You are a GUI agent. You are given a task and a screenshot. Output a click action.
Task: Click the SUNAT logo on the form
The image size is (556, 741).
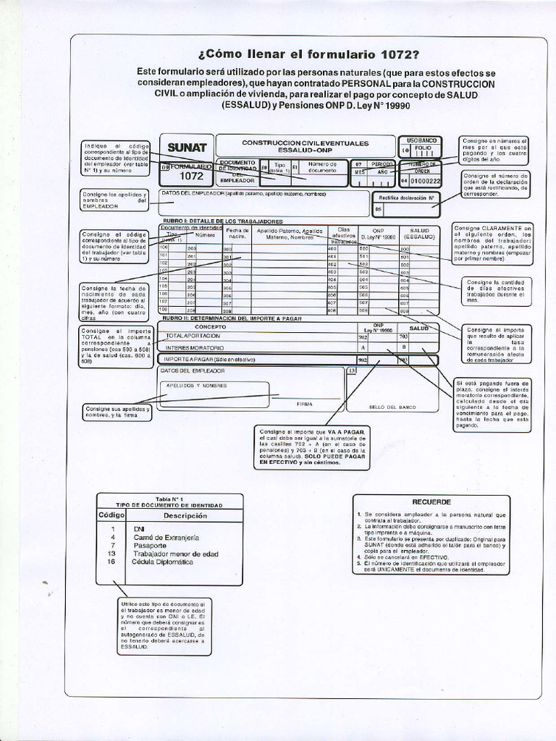pyautogui.click(x=187, y=148)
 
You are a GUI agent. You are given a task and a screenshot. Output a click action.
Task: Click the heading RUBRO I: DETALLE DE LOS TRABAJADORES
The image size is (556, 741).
pyautogui.click(x=222, y=221)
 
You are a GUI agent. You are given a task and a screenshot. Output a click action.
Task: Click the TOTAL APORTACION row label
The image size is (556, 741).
pyautogui.click(x=193, y=336)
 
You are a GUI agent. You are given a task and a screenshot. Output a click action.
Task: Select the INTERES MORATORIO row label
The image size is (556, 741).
pyautogui.click(x=195, y=348)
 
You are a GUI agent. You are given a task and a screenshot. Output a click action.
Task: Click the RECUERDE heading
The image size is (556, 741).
pyautogui.click(x=431, y=501)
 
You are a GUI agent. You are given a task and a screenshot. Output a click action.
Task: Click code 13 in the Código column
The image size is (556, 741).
pyautogui.click(x=111, y=554)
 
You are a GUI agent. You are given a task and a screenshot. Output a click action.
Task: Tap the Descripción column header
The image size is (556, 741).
pyautogui.click(x=185, y=516)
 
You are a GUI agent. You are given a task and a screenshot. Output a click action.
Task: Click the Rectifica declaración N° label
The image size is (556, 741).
pyautogui.click(x=406, y=197)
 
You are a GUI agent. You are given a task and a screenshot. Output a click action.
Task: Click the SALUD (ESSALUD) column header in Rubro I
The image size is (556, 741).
pyautogui.click(x=419, y=233)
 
